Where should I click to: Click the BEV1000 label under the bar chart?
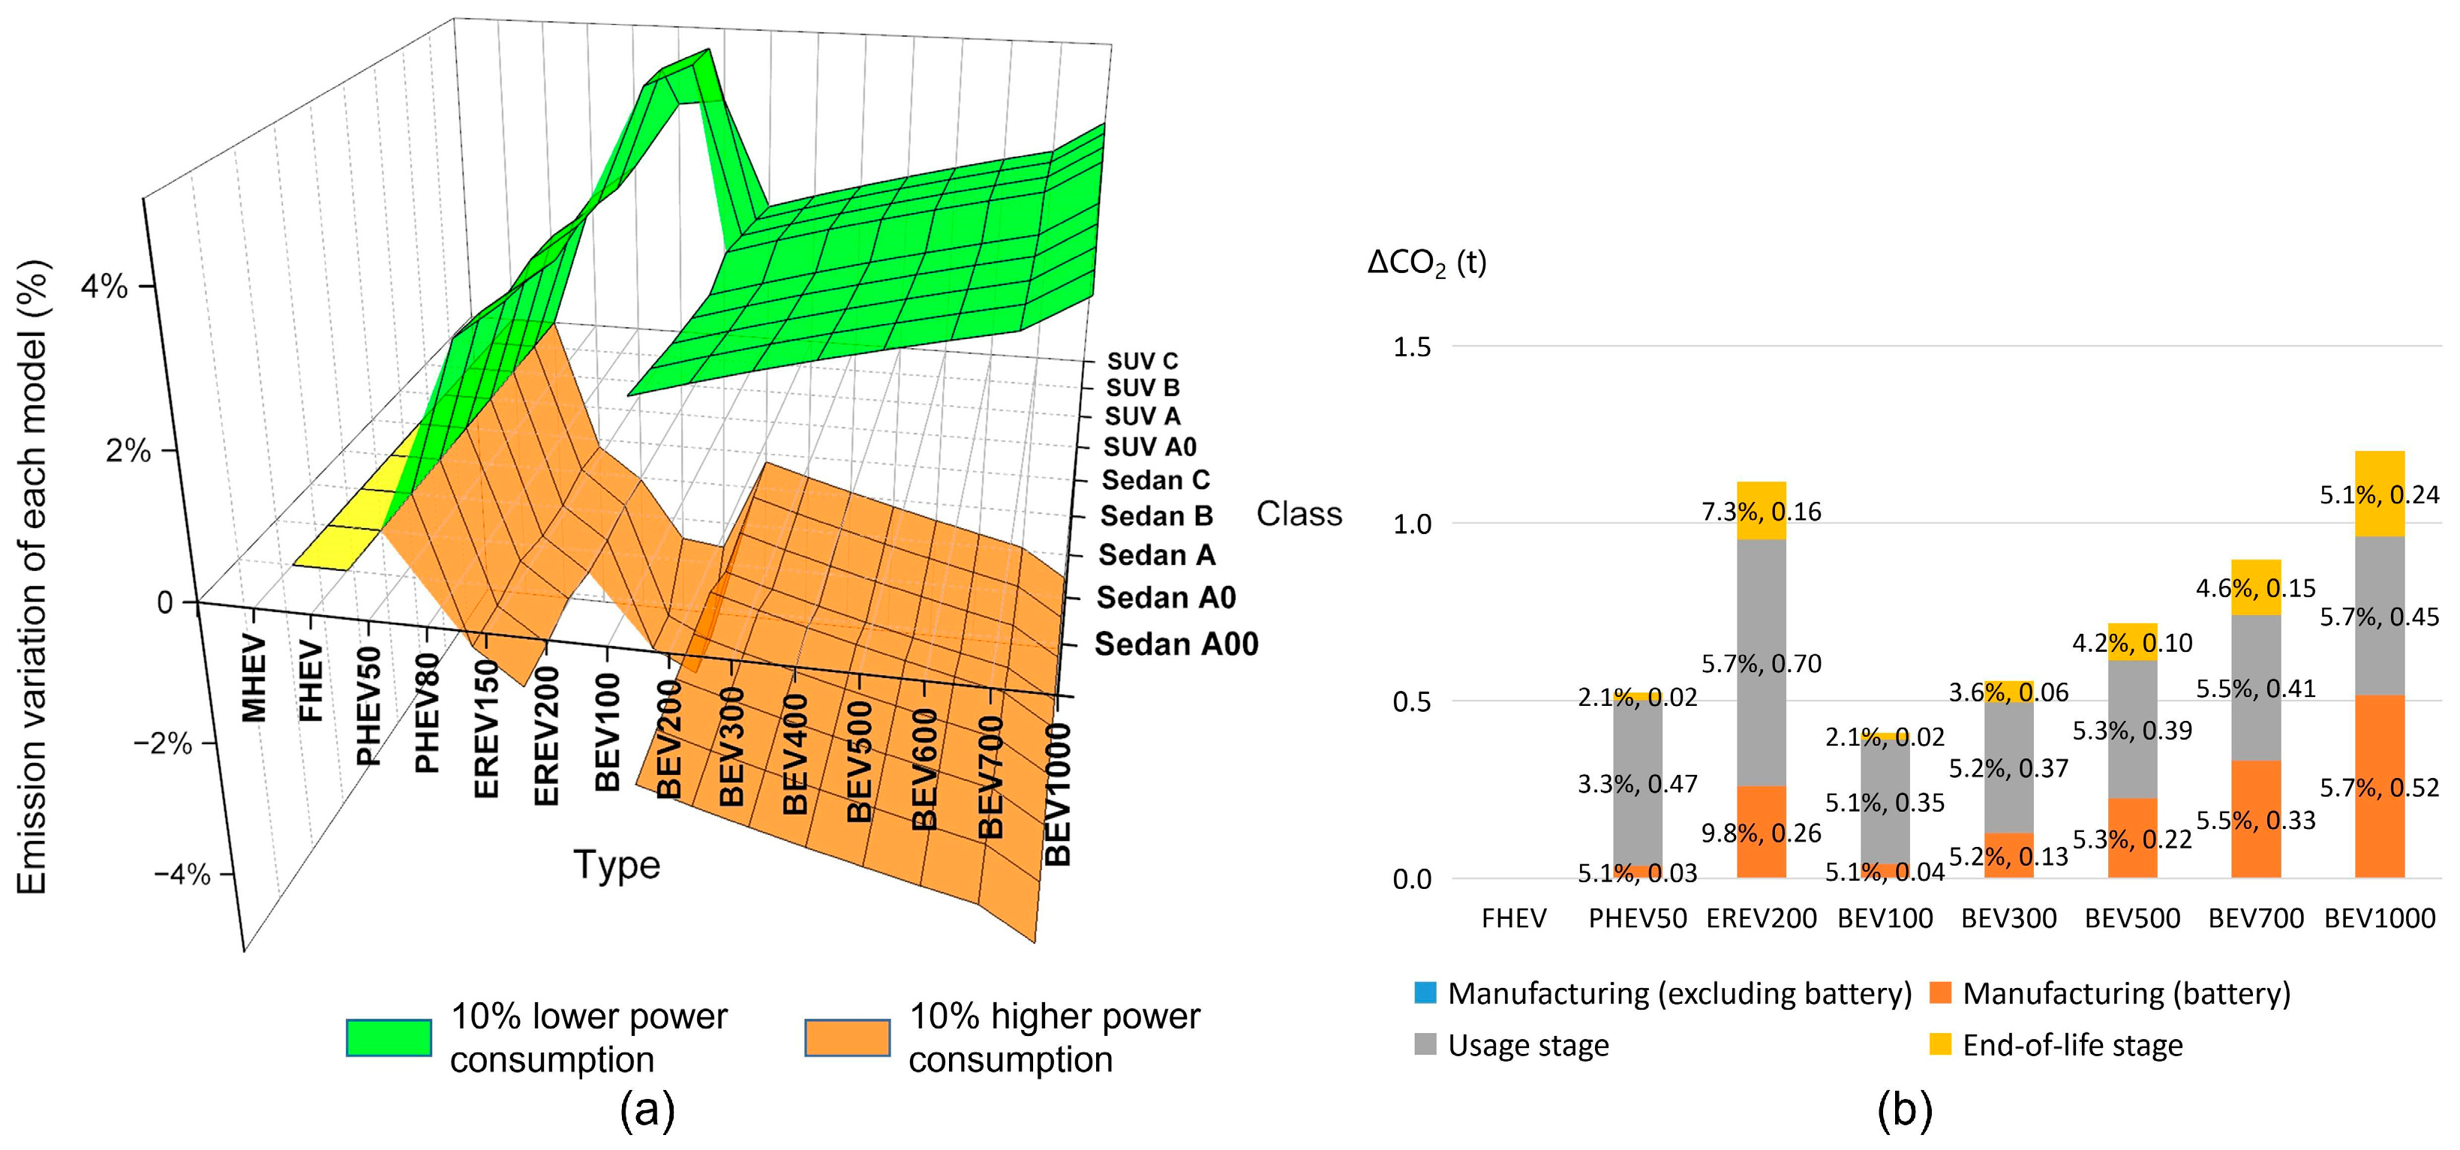[2379, 919]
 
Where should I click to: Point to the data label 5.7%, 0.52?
[2379, 788]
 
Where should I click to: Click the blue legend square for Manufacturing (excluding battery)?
[1425, 992]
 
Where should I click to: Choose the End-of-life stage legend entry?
[2071, 1045]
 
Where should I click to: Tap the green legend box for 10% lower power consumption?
[389, 1037]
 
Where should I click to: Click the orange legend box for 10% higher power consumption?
[847, 1037]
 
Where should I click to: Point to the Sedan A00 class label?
[1176, 644]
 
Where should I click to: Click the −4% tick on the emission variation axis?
[182, 874]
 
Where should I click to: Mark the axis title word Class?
[1298, 514]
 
